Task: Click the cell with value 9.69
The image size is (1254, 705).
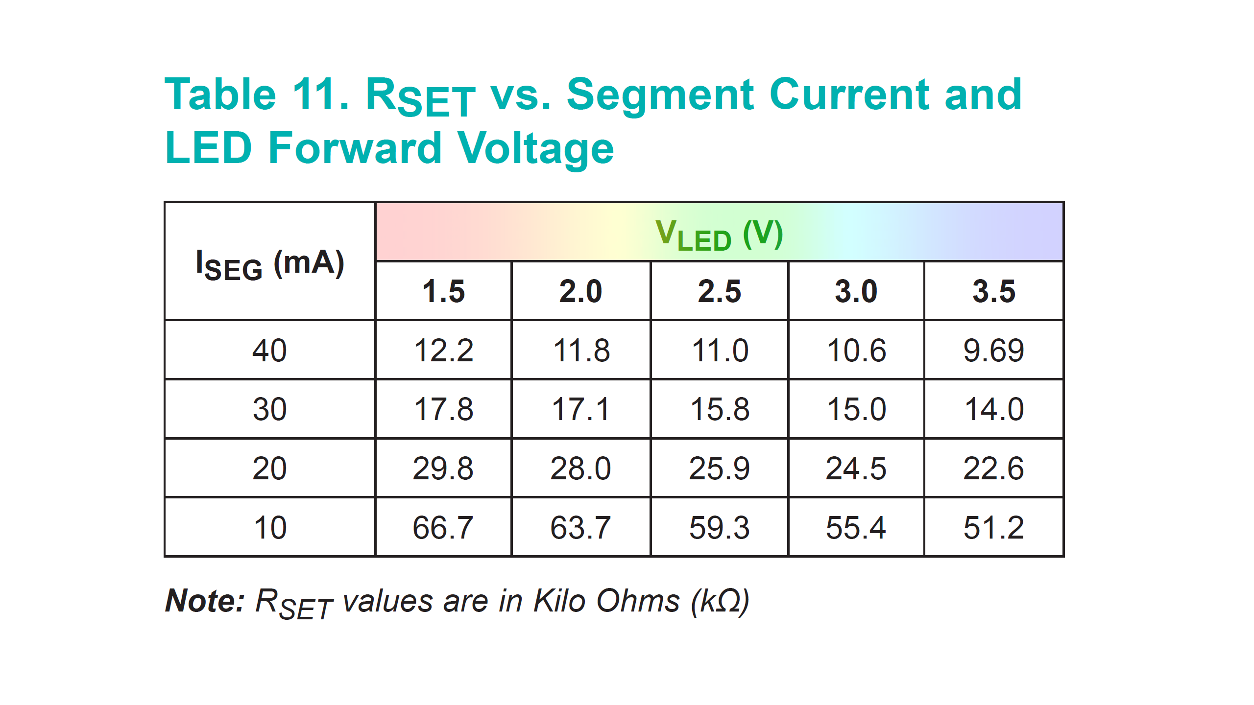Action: (993, 351)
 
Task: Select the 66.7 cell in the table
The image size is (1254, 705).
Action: (443, 528)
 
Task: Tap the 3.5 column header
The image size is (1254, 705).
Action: (993, 291)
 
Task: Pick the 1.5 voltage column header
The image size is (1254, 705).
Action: (443, 291)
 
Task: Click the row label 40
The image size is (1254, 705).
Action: (269, 351)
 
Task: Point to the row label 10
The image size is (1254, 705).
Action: (269, 528)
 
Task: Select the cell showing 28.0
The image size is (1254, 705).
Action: (580, 469)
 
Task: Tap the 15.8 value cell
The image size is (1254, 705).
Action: (719, 409)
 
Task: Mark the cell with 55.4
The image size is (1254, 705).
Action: (856, 528)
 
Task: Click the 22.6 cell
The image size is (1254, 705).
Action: (993, 469)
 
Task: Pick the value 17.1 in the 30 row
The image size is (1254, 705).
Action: (580, 409)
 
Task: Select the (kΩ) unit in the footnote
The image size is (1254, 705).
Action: (720, 601)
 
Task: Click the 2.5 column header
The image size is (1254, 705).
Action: (719, 291)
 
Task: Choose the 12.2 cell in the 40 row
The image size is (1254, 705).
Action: (443, 351)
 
